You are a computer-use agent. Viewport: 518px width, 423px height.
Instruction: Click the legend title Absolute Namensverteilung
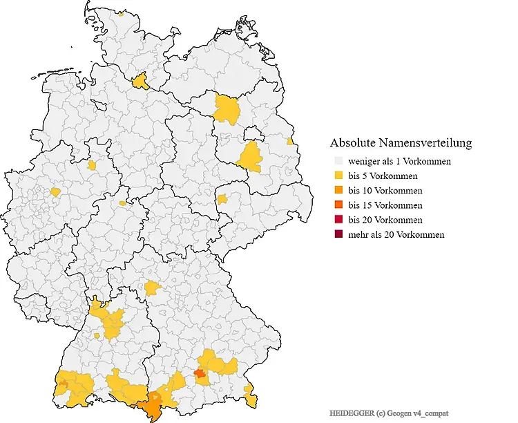pyautogui.click(x=401, y=143)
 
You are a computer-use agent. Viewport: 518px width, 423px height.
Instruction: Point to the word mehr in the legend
pyautogui.click(x=358, y=234)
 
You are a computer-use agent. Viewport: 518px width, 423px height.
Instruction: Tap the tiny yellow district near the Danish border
pyautogui.click(x=121, y=13)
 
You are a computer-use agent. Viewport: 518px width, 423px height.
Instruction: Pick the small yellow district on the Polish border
pyautogui.click(x=290, y=142)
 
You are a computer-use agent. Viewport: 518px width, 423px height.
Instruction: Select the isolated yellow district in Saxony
pyautogui.click(x=222, y=200)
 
